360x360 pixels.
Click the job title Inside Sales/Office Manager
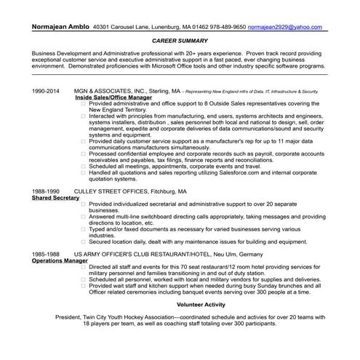coord(114,97)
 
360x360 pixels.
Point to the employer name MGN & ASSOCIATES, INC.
coord(108,92)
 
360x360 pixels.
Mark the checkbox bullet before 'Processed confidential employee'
coord(84,153)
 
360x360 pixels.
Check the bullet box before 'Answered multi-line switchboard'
coord(84,215)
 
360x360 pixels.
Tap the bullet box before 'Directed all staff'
coord(84,266)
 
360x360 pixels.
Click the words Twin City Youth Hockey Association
coord(137,317)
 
